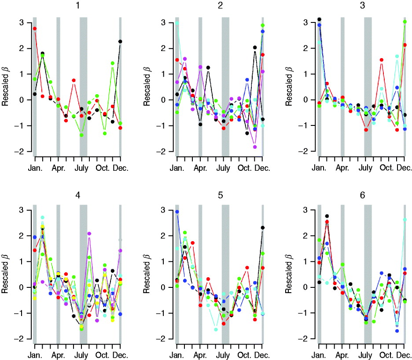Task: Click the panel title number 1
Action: point(77,6)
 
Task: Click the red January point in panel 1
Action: point(35,29)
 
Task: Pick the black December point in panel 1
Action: point(120,41)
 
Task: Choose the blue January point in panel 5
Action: point(177,212)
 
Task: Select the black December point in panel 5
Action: point(263,228)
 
